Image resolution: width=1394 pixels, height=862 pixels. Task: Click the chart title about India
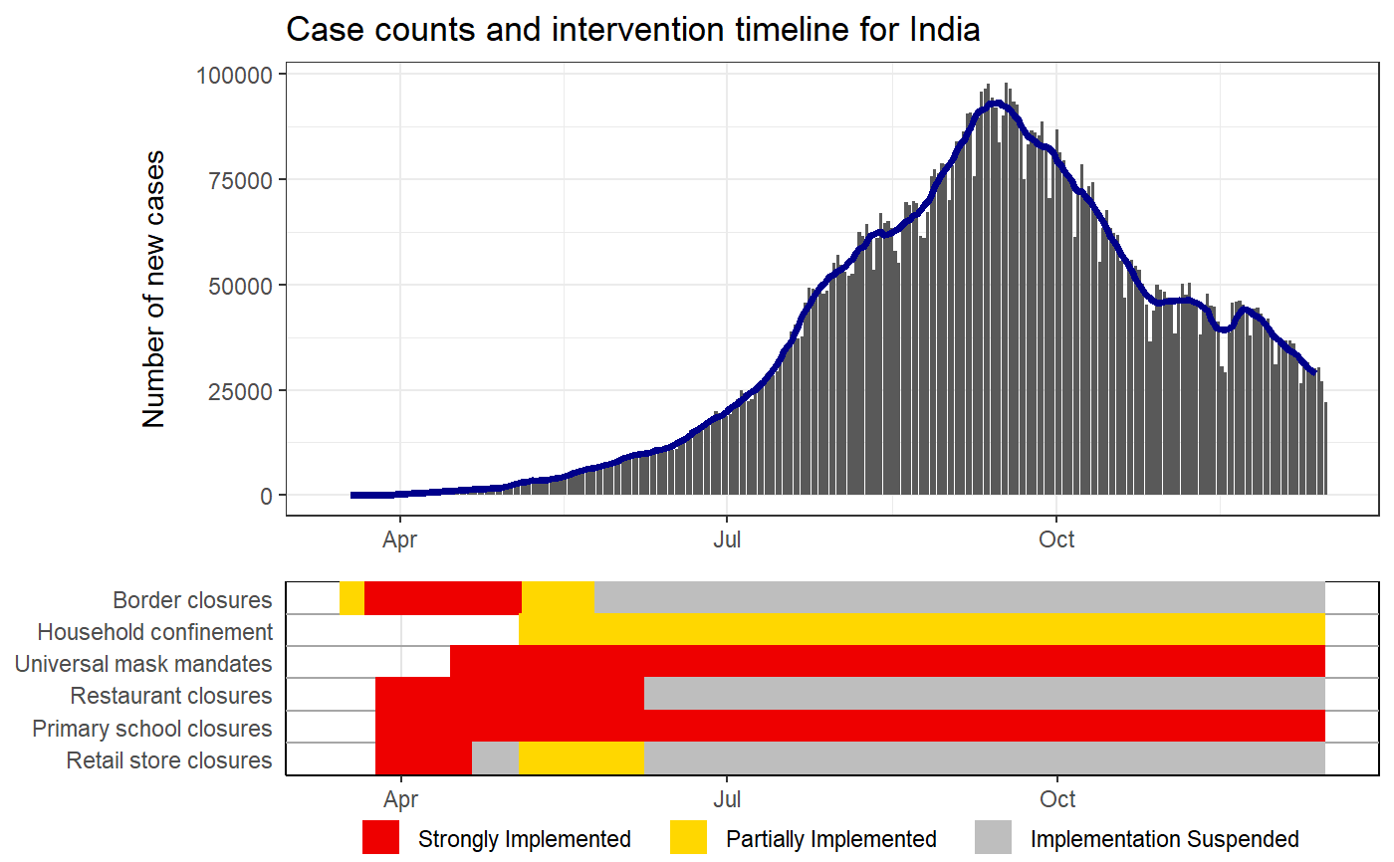(632, 30)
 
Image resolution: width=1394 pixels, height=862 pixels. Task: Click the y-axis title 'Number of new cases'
(153, 289)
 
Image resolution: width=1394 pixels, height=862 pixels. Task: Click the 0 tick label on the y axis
(266, 496)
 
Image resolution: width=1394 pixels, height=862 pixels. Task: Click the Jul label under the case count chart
(727, 539)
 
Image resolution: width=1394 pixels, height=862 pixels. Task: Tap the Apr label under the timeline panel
(399, 799)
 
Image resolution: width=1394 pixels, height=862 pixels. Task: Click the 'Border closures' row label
(192, 600)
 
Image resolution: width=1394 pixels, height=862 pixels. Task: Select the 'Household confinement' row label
(154, 632)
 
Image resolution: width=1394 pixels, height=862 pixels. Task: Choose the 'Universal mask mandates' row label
(143, 664)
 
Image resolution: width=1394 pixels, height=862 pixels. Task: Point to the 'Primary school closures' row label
(151, 728)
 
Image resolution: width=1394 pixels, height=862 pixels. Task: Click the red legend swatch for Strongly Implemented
(381, 838)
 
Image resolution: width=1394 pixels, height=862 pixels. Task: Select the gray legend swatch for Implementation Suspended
(993, 838)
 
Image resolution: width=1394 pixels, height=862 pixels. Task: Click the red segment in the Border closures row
(443, 598)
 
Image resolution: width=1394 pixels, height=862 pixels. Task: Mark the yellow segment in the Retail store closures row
(581, 758)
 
